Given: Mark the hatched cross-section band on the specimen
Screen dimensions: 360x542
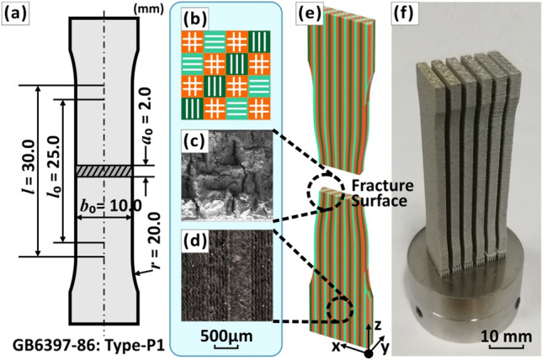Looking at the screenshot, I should (x=104, y=171).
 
